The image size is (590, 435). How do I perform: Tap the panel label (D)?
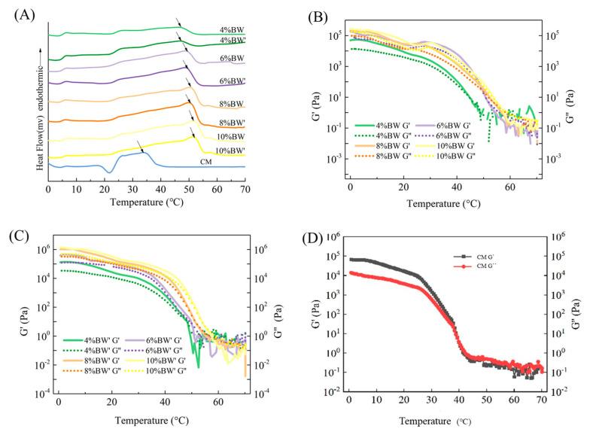pyautogui.click(x=312, y=240)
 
